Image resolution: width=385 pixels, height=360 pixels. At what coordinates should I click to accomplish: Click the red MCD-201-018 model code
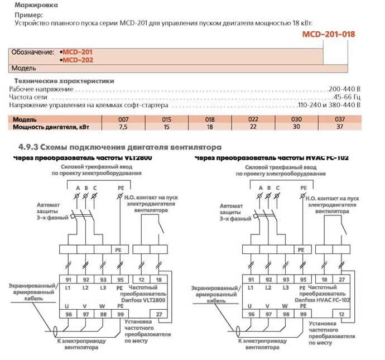coord(328,34)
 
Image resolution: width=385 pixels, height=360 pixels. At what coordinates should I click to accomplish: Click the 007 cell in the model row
coord(123,119)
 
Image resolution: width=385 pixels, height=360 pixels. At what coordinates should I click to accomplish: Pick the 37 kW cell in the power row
coord(339,127)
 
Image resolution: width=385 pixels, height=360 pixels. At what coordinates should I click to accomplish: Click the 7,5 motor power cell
coord(123,127)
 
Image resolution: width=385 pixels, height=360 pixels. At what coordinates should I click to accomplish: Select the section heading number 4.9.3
coord(27,147)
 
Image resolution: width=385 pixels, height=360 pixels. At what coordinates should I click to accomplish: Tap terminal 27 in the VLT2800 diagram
coord(159,314)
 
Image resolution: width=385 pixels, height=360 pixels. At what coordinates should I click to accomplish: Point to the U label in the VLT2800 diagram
coord(68,306)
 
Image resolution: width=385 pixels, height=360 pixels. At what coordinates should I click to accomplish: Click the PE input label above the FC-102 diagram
coord(304,188)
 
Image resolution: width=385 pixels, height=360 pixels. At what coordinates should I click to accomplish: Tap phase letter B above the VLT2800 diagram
coord(86,188)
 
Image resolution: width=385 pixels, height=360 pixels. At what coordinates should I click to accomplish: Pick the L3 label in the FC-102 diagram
coord(286,287)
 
